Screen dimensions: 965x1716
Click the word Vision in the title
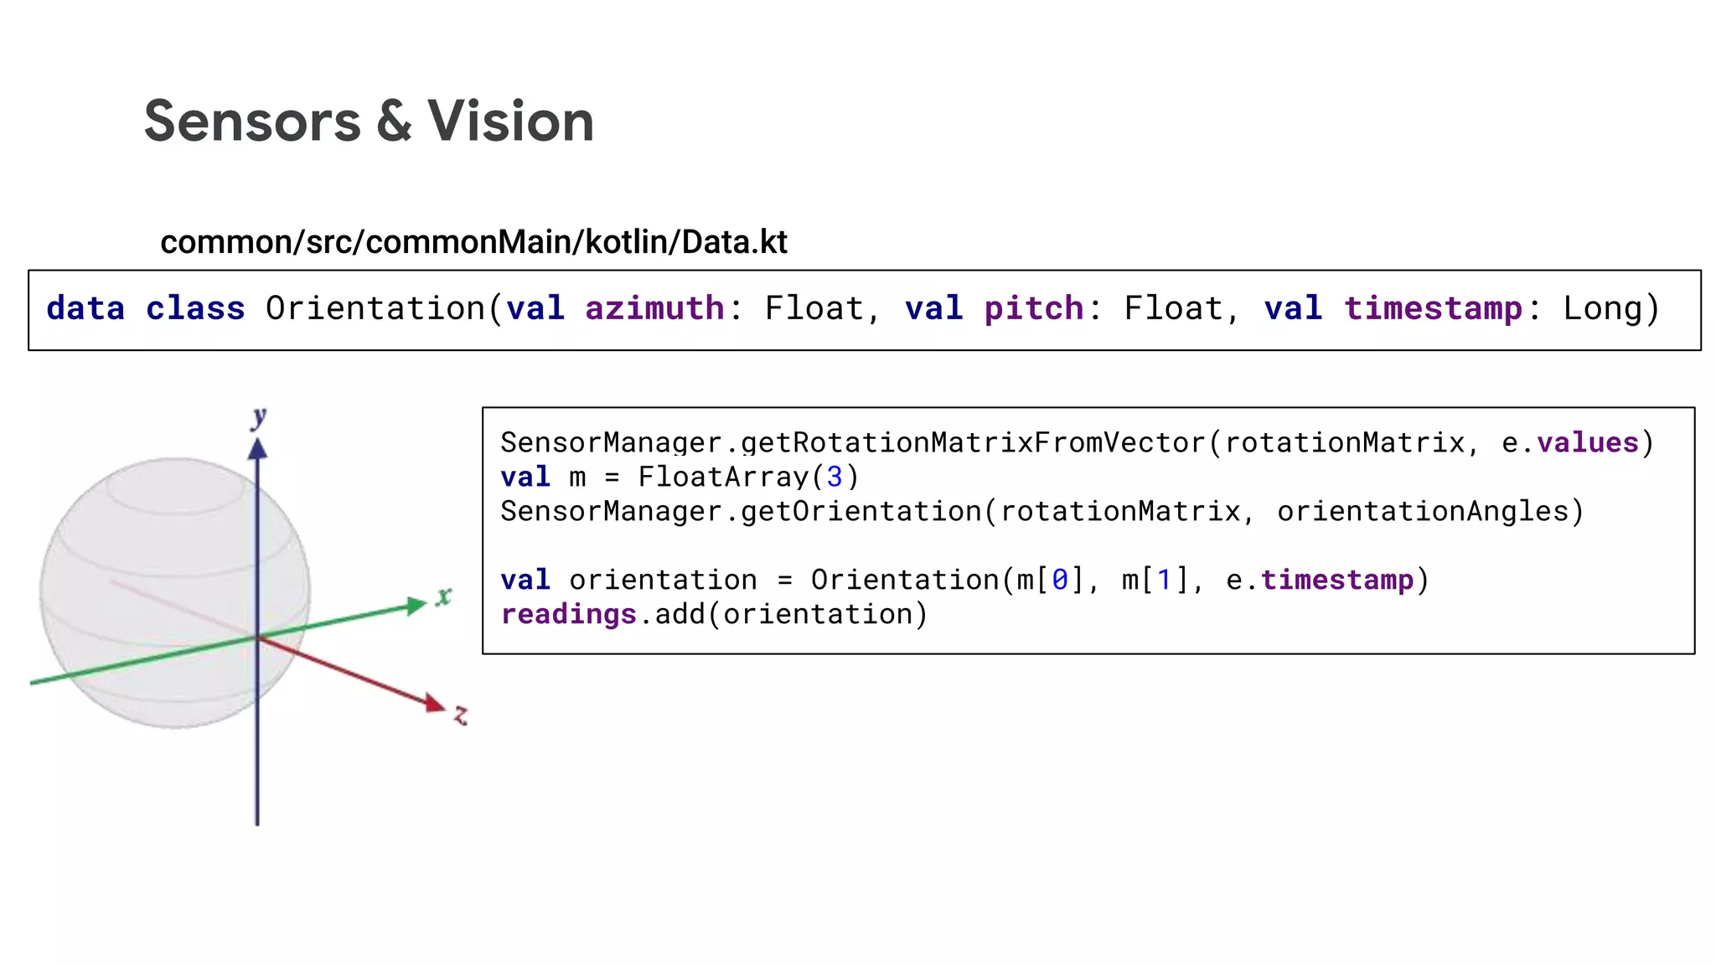pos(510,121)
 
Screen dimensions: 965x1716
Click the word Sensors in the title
pos(252,121)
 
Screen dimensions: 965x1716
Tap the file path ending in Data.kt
pos(473,242)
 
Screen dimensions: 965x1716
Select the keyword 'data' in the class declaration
pos(85,308)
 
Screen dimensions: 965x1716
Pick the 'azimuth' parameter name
pos(654,308)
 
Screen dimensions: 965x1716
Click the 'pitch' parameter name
pos(1033,308)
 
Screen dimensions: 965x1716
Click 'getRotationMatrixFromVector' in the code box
pos(975,442)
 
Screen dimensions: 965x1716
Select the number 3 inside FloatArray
pos(834,477)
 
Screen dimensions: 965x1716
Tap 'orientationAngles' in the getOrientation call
pos(1422,511)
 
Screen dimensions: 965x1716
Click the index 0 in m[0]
pos(1060,580)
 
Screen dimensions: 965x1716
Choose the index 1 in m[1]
pos(1163,580)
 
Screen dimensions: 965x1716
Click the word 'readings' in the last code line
pos(568,614)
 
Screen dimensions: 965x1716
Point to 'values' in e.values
pos(1587,442)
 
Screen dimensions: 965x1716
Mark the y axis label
pos(260,416)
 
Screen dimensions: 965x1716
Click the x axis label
pos(443,596)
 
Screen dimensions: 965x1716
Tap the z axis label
pos(461,715)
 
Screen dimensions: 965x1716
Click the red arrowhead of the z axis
pos(434,703)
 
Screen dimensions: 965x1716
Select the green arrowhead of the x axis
pos(416,606)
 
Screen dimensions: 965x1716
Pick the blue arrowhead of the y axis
pos(257,450)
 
